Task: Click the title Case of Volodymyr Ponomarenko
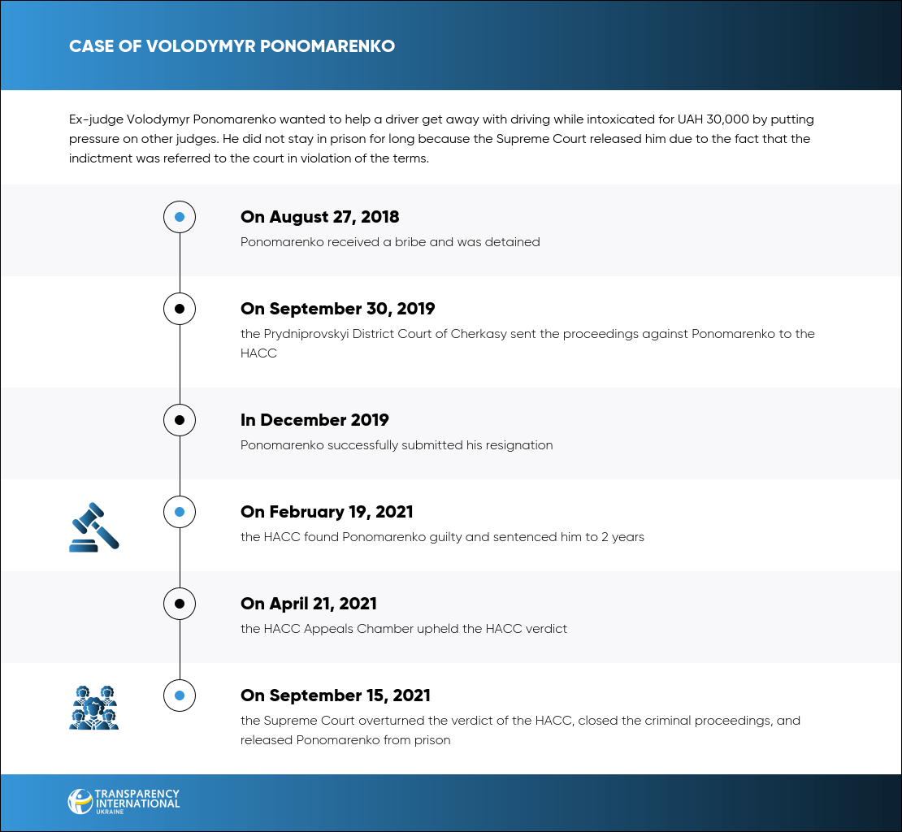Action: tap(232, 46)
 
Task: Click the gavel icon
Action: tap(93, 527)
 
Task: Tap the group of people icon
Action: tap(93, 707)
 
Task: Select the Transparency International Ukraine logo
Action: tap(124, 801)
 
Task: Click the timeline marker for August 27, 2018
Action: tap(180, 217)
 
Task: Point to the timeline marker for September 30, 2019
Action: tap(180, 309)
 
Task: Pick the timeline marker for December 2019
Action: tap(180, 420)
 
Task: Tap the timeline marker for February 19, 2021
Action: tap(180, 512)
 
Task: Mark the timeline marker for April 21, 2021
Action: tap(180, 604)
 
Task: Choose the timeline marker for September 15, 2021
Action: tap(180, 695)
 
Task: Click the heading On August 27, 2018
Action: tap(320, 217)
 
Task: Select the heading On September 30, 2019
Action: tap(338, 309)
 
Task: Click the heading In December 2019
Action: tap(314, 420)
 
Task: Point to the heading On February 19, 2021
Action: tap(327, 512)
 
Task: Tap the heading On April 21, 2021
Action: tap(309, 604)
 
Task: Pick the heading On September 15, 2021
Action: tap(336, 695)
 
